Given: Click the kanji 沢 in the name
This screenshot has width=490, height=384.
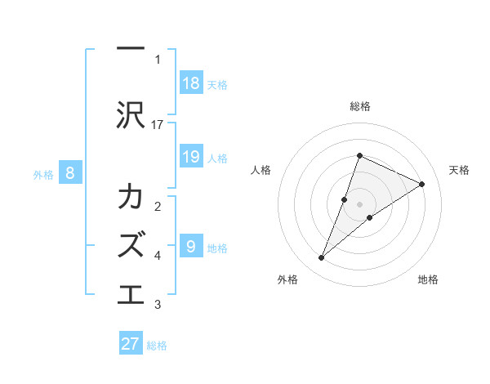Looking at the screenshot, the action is pyautogui.click(x=131, y=115).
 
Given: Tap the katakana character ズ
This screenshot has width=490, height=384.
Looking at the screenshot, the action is pyautogui.click(x=131, y=244).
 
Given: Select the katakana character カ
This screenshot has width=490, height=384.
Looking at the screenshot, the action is pyautogui.click(x=131, y=195).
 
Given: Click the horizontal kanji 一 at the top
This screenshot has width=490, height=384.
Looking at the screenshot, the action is pyautogui.click(x=131, y=48).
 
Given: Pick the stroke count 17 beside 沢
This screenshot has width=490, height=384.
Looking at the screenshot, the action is pyautogui.click(x=157, y=125).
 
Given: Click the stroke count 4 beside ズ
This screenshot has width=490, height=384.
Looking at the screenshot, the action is pyautogui.click(x=158, y=256).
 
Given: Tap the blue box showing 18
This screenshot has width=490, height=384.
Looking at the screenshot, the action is pyautogui.click(x=192, y=83).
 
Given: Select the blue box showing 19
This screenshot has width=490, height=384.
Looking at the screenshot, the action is pyautogui.click(x=192, y=156).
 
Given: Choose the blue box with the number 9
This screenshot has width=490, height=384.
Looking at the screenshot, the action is pyautogui.click(x=192, y=245).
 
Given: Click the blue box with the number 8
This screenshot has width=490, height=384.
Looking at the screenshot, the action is pyautogui.click(x=70, y=172).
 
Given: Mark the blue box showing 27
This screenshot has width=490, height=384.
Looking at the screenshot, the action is pyautogui.click(x=131, y=342).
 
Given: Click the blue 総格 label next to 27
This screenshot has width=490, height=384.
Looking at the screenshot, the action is pyautogui.click(x=157, y=346).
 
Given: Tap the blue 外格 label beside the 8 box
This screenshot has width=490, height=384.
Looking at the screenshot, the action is pyautogui.click(x=43, y=175).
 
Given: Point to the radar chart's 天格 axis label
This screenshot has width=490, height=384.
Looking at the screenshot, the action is pyautogui.click(x=459, y=170).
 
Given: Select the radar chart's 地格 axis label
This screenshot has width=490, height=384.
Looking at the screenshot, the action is pyautogui.click(x=428, y=279).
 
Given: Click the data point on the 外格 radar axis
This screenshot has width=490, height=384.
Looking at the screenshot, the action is pyautogui.click(x=321, y=257).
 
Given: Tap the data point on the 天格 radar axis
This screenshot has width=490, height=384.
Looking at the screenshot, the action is pyautogui.click(x=421, y=184).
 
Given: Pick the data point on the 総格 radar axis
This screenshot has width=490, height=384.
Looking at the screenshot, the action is pyautogui.click(x=359, y=155).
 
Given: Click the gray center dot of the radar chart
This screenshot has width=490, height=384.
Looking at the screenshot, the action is pyautogui.click(x=359, y=204).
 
